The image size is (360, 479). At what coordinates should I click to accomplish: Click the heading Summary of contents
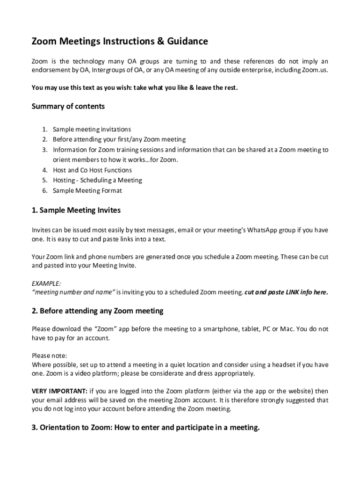pos(68,107)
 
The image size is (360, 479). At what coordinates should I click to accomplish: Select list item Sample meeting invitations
pos(92,129)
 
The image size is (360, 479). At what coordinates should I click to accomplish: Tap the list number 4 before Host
pos(44,170)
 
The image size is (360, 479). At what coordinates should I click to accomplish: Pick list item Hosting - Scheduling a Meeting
pos(97,180)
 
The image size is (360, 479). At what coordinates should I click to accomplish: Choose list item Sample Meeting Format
pos(87,190)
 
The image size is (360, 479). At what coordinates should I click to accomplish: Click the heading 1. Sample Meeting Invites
pos(76,210)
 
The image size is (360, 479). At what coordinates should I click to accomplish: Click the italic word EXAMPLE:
pos(46,283)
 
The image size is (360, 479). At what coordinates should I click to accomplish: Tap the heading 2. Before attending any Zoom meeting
pos(98,311)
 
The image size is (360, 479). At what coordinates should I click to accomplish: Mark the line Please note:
pos(50,356)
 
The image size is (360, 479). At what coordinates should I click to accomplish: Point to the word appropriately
pos(234,373)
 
